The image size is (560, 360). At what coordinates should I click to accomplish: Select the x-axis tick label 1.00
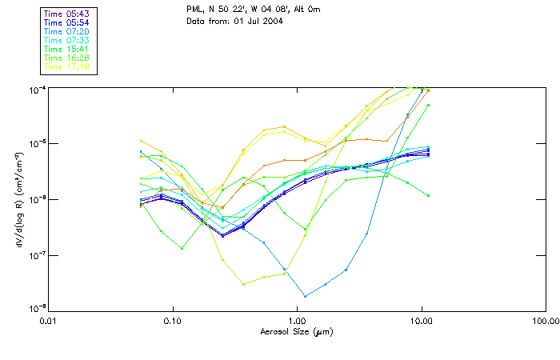298,322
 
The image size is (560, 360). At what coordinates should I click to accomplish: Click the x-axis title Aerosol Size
297,331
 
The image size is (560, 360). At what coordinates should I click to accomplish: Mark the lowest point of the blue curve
304,297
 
